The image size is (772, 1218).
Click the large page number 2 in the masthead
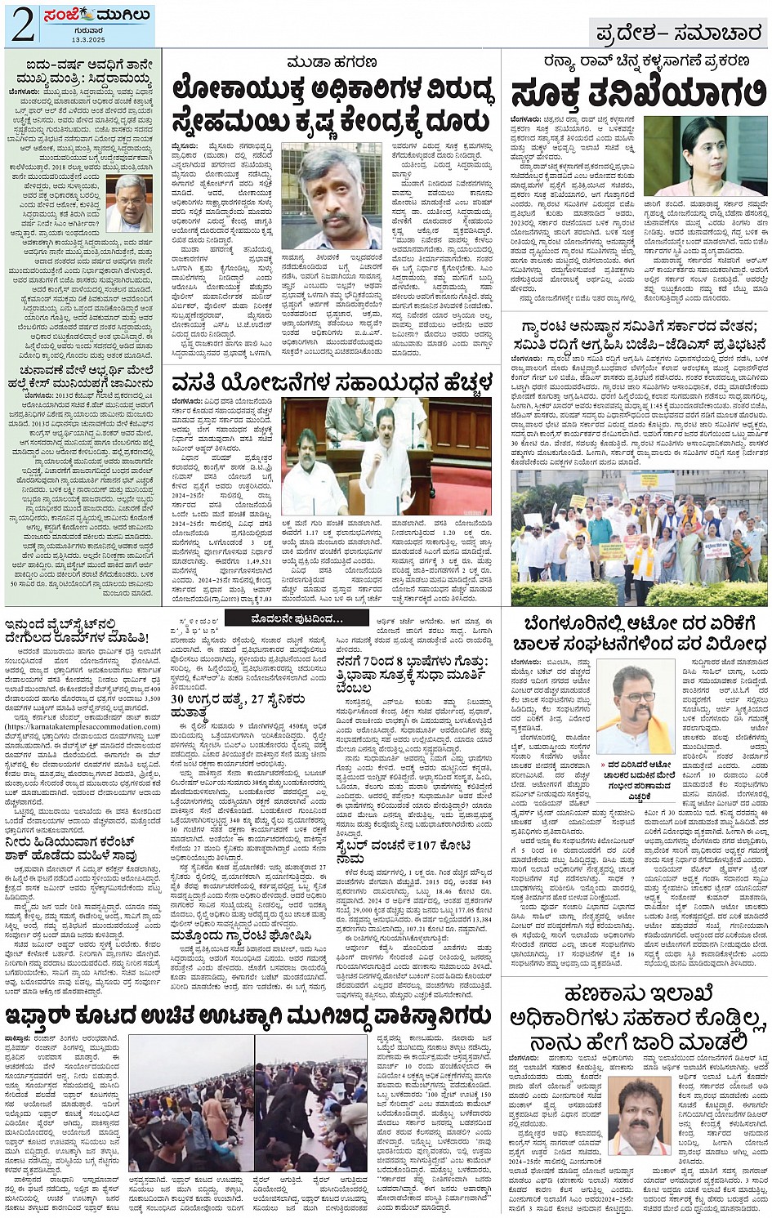coord(23,26)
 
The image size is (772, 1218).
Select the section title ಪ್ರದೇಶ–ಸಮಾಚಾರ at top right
coord(678,34)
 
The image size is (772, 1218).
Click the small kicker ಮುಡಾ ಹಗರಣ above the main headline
coord(331,64)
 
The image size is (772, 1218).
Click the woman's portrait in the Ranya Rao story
coord(703,156)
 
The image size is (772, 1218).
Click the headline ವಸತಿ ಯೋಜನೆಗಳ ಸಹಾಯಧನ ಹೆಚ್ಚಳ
coord(332,382)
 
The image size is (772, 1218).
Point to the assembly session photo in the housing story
coord(386,457)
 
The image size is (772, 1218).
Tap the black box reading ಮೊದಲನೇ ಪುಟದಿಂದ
coord(296,618)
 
